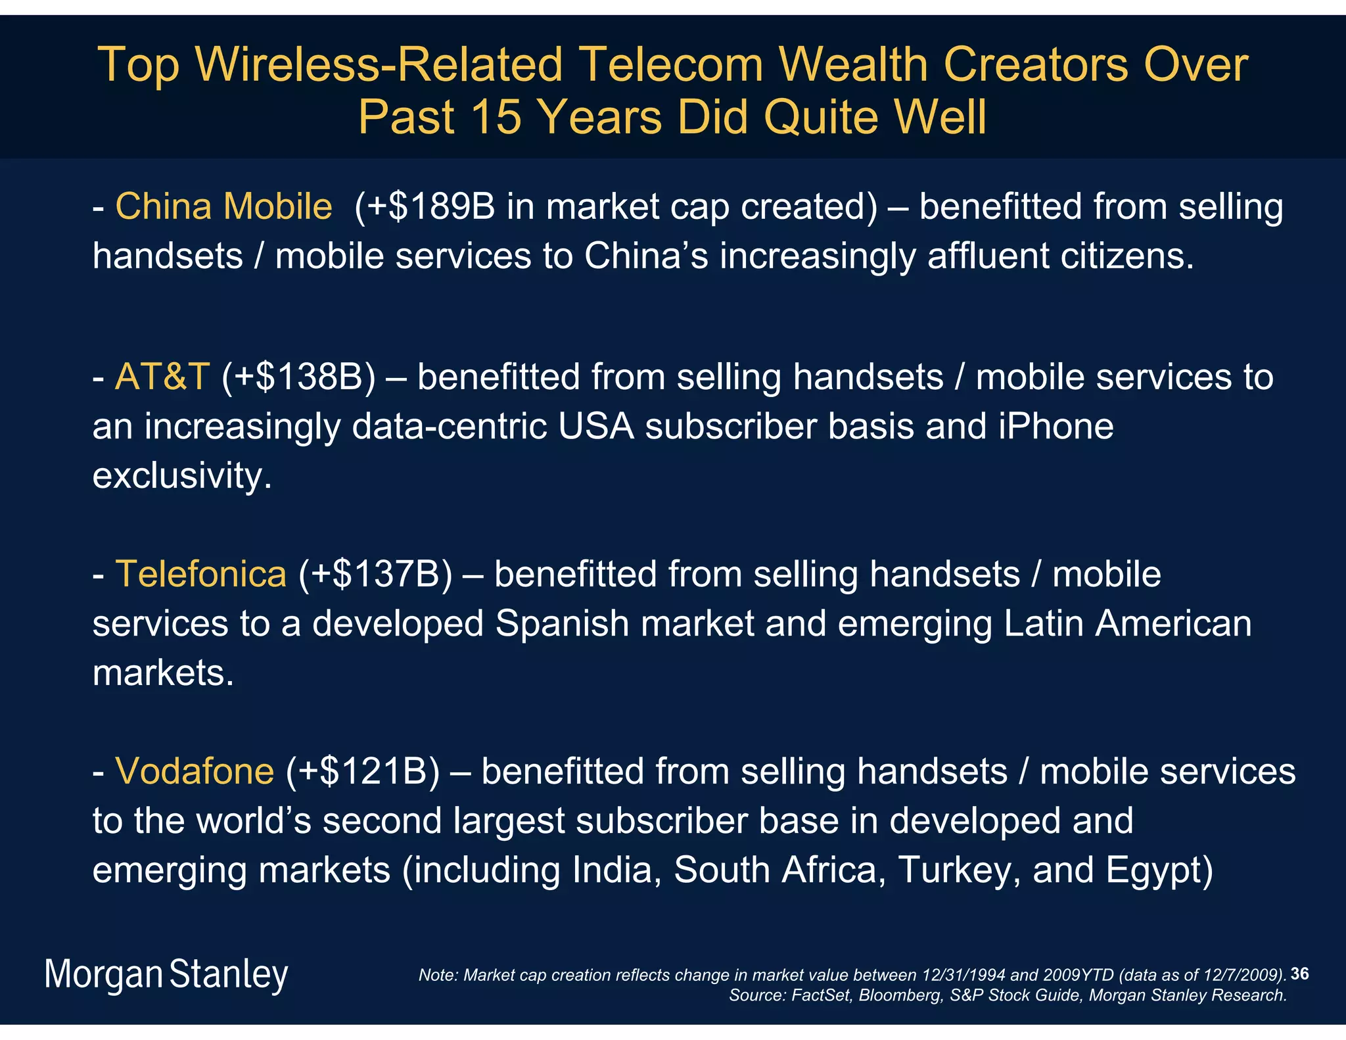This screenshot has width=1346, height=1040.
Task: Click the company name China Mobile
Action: [x=223, y=206]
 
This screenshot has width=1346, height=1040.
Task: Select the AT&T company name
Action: [x=162, y=377]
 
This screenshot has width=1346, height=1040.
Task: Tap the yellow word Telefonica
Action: [x=201, y=574]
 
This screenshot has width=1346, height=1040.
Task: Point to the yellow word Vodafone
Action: [x=195, y=771]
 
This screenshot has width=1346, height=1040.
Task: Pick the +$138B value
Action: [x=298, y=377]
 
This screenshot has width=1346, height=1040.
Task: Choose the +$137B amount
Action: [x=375, y=574]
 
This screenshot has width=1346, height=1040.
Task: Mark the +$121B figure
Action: [x=362, y=771]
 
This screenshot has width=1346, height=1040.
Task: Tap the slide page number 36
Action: [x=1299, y=974]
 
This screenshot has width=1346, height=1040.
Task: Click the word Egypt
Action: [x=1159, y=870]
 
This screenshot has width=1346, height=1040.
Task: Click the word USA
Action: [x=596, y=427]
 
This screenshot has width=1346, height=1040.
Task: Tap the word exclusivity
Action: [x=181, y=475]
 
